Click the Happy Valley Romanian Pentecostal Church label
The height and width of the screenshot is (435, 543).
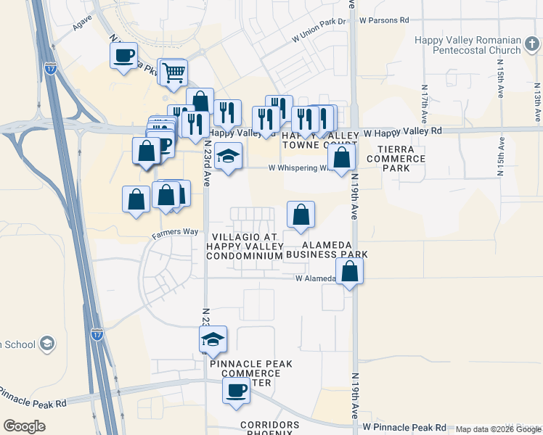[468, 45]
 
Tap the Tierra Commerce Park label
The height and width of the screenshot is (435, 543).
[401, 158]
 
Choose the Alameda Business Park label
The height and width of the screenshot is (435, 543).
[327, 249]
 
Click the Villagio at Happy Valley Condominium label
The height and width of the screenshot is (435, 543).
[245, 246]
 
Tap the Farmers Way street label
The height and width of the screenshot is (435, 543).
[175, 232]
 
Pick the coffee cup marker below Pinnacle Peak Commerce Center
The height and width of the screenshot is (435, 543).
[236, 391]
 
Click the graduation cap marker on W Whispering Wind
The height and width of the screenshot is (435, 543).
[228, 157]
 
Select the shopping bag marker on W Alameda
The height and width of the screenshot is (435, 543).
[350, 272]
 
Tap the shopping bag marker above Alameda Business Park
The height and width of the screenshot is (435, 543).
[301, 215]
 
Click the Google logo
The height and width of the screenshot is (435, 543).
[24, 426]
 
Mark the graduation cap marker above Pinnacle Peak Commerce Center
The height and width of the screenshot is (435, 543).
[213, 339]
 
